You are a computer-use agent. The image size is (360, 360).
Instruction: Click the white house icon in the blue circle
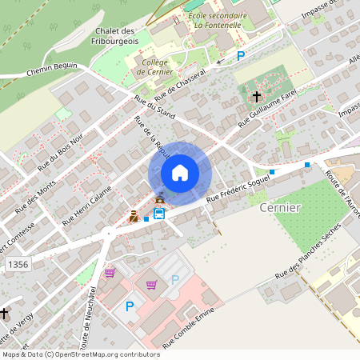(180, 173)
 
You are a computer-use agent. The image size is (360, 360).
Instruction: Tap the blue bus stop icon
(159, 213)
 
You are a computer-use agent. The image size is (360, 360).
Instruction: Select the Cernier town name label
(280, 207)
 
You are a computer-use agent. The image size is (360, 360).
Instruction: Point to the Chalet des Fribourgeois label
(116, 35)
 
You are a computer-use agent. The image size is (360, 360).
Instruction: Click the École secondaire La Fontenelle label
(217, 19)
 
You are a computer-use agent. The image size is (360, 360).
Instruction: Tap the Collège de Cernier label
(155, 66)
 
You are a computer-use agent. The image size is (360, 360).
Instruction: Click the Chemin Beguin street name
(51, 71)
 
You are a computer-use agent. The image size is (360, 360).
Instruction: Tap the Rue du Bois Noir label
(59, 150)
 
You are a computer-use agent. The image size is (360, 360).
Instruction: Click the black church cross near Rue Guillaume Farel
(256, 97)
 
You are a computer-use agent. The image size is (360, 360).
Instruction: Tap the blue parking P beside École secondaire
(241, 55)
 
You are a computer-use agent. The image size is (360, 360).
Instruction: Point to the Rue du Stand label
(154, 107)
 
